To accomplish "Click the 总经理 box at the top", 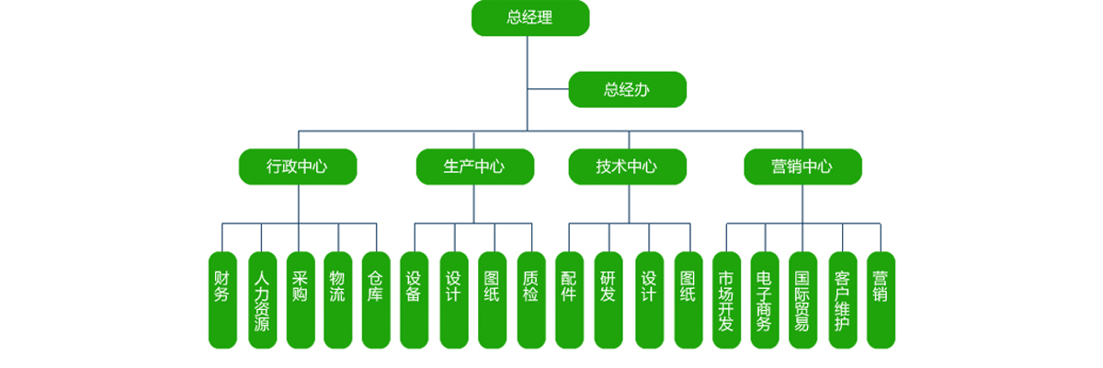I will pos(530,18).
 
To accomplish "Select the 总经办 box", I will pos(627,89).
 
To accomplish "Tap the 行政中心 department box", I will pos(297,167).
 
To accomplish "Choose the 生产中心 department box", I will pos(474,167).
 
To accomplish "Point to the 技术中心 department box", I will pos(627,167).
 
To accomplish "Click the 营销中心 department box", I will pos(802,167).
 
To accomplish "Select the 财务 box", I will pos(222,299).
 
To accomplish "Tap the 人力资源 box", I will pos(262,299).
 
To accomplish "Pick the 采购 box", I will pos(300,299).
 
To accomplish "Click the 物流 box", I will pos(337,299).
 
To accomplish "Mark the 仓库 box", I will pos(376,299).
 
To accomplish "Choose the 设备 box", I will pos(414,299).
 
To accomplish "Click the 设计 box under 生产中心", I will pos(454,299).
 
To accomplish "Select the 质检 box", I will pos(531,299).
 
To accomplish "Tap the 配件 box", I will pos(569,299).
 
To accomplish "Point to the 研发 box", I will pos(608,299).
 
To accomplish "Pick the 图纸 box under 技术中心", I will pos(688,299).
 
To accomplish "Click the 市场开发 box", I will pos(726,299).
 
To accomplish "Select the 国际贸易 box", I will pos(802,299).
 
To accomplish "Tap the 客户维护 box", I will pos(842,299).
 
